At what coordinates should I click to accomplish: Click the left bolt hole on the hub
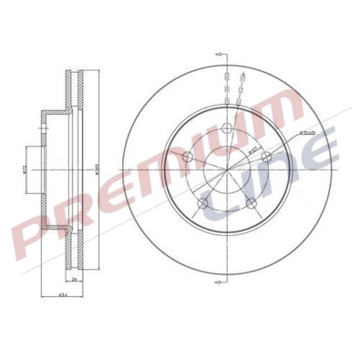(188, 158)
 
